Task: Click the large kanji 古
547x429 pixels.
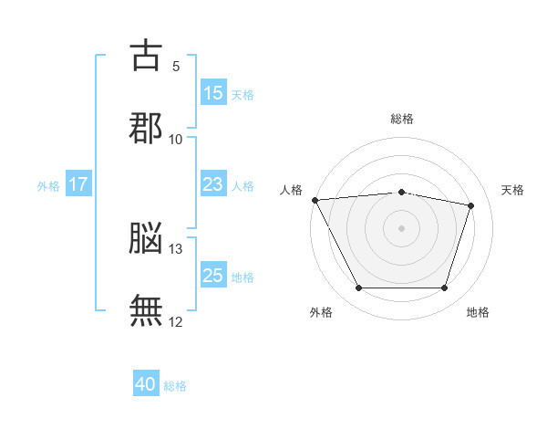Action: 146,55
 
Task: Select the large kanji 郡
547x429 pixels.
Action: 146,128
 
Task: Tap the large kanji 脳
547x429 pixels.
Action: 146,237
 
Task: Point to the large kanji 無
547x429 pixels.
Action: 146,310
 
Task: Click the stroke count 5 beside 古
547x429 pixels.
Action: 176,67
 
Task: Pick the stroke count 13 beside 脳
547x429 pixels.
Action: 175,249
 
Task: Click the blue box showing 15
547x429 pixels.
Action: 213,91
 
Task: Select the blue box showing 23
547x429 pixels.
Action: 213,183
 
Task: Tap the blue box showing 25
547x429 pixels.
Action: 213,274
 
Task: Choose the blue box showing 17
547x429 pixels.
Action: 78,183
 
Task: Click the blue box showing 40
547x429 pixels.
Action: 146,382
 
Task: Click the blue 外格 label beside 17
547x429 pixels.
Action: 48,186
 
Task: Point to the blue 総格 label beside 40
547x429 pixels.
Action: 175,386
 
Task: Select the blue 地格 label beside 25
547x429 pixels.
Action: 243,277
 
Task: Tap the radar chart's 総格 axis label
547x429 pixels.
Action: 402,119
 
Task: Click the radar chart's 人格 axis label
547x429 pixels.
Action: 291,190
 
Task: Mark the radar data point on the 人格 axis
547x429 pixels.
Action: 315,200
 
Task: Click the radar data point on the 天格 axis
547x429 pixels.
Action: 471,205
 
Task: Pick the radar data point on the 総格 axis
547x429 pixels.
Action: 401,193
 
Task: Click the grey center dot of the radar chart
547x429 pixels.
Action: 401,228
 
